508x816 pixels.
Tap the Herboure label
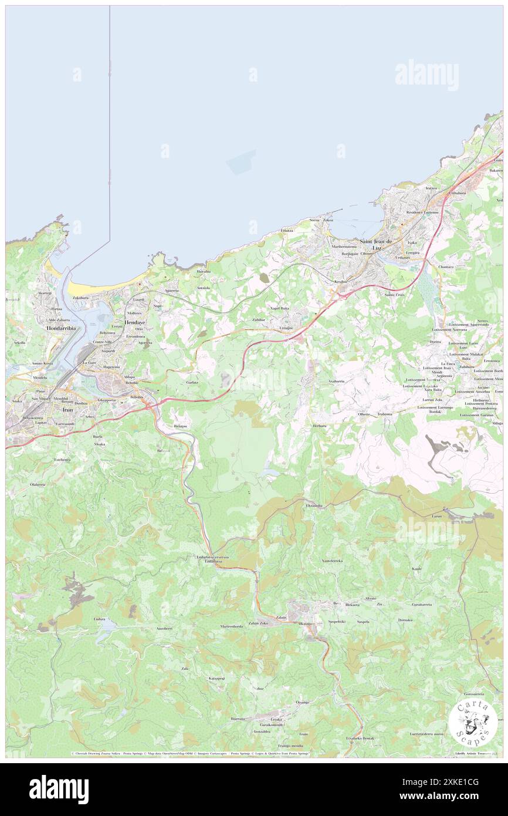(320, 426)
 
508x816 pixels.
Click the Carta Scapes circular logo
(473, 723)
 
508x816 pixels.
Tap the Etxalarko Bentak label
(360, 737)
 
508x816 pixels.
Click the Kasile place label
(417, 569)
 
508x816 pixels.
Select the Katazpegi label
(216, 679)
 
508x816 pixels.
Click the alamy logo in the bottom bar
(59, 790)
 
